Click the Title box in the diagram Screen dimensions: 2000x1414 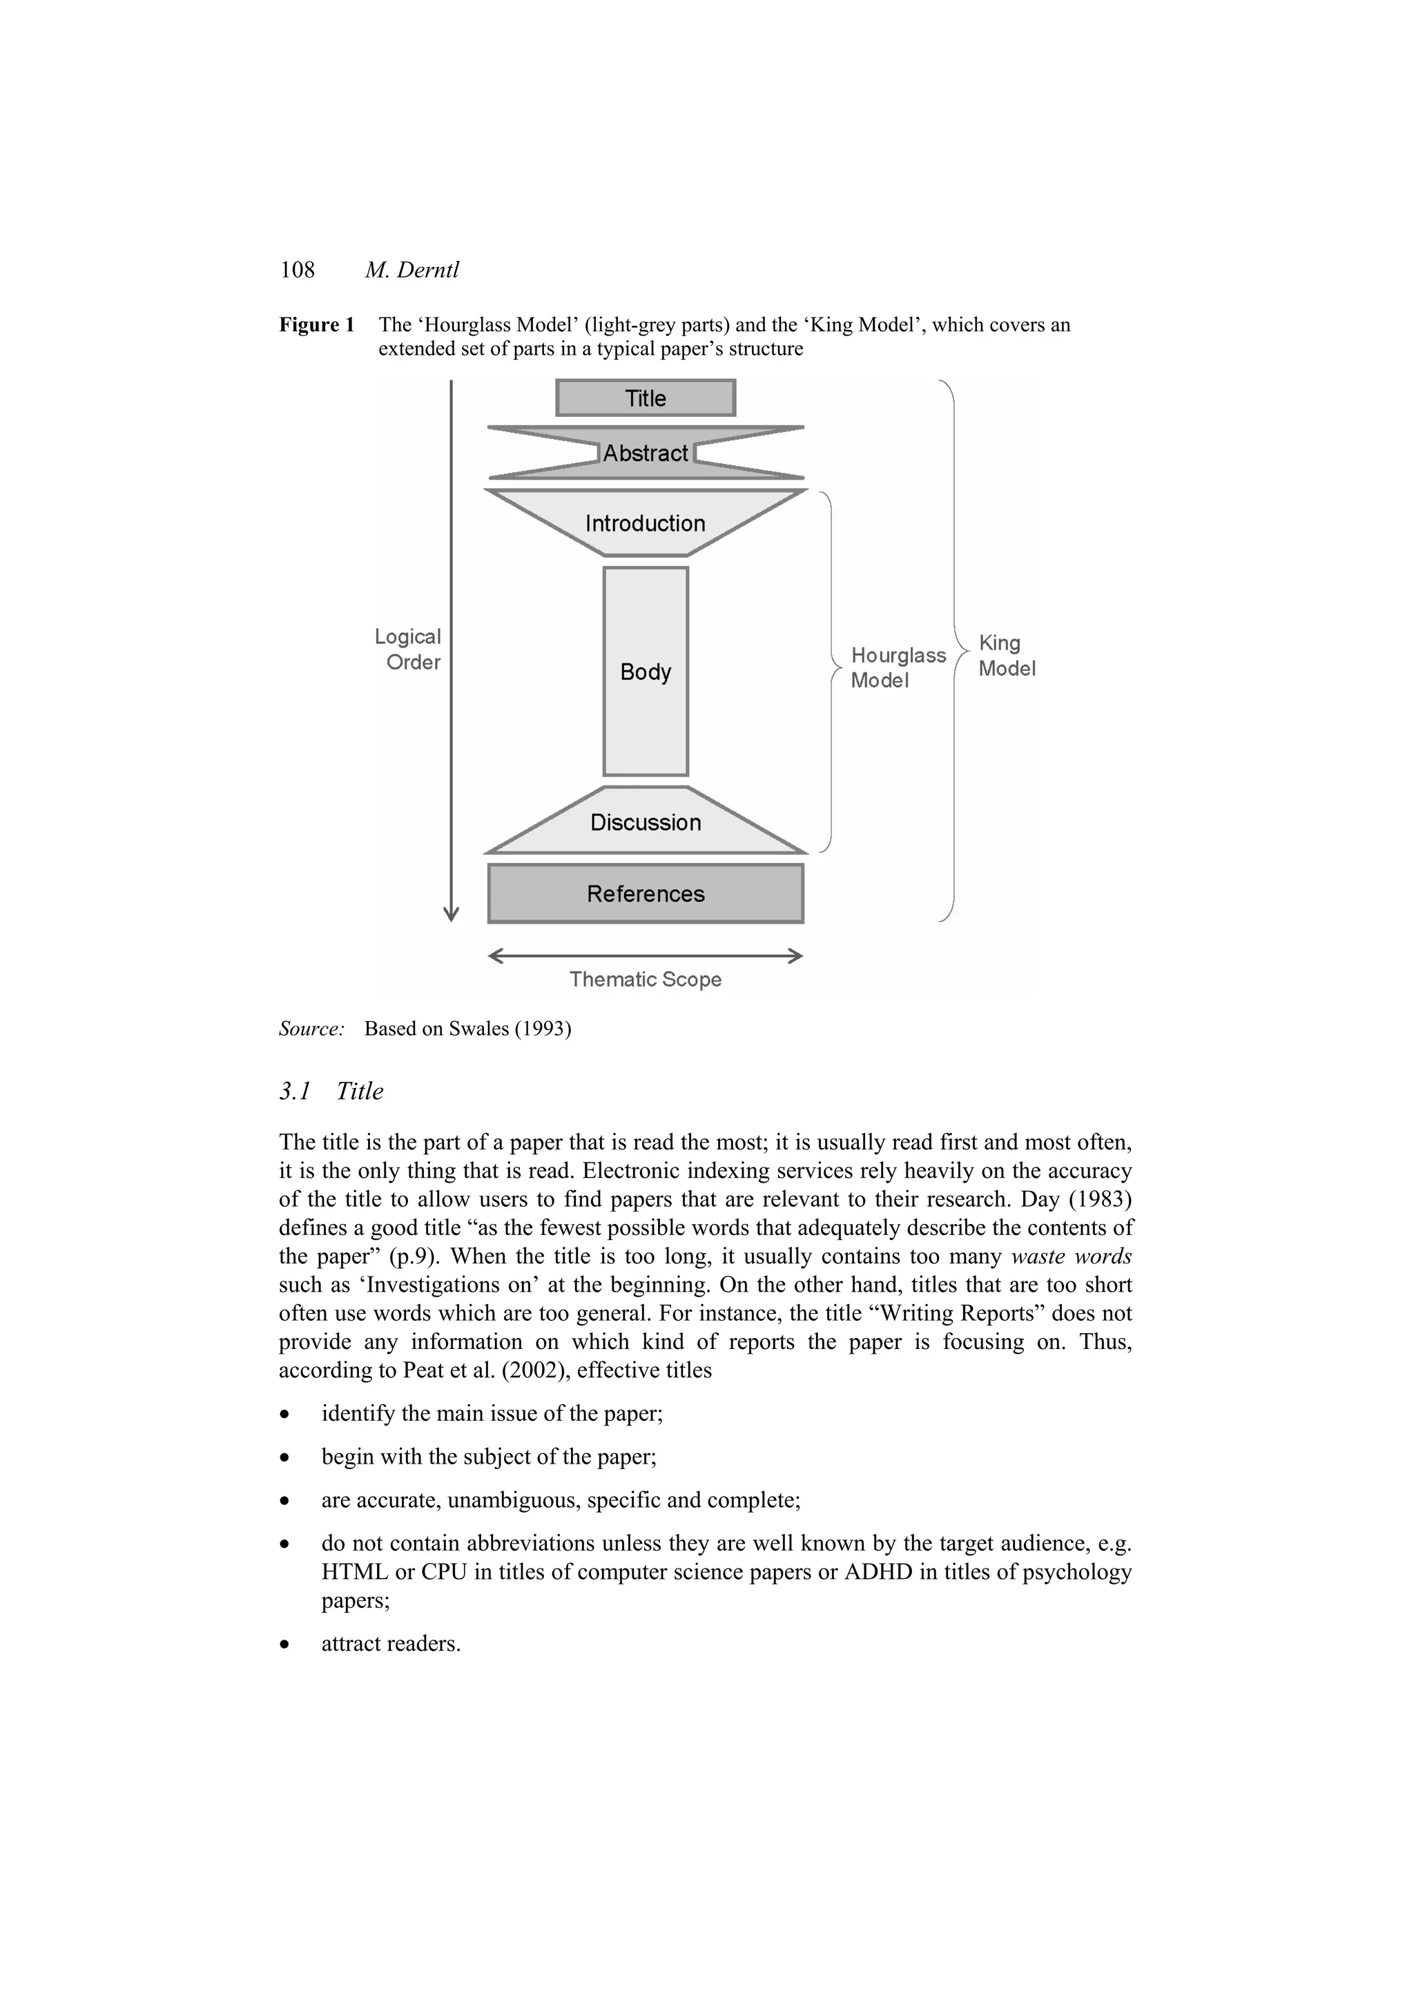645,398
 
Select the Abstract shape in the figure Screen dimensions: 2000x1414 645,453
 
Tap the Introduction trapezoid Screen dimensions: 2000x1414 645,523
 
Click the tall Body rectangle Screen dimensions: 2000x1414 645,671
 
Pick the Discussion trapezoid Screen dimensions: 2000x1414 645,822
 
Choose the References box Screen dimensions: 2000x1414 645,894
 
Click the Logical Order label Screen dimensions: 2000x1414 408,649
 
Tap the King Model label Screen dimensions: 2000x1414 1006,655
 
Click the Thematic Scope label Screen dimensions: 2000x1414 645,979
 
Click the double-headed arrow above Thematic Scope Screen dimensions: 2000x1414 645,955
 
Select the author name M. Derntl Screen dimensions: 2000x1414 411,270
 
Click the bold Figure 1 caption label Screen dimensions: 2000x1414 316,325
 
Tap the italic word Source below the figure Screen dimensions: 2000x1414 311,1029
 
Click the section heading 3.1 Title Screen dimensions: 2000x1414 331,1091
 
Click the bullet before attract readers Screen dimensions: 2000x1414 284,1644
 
